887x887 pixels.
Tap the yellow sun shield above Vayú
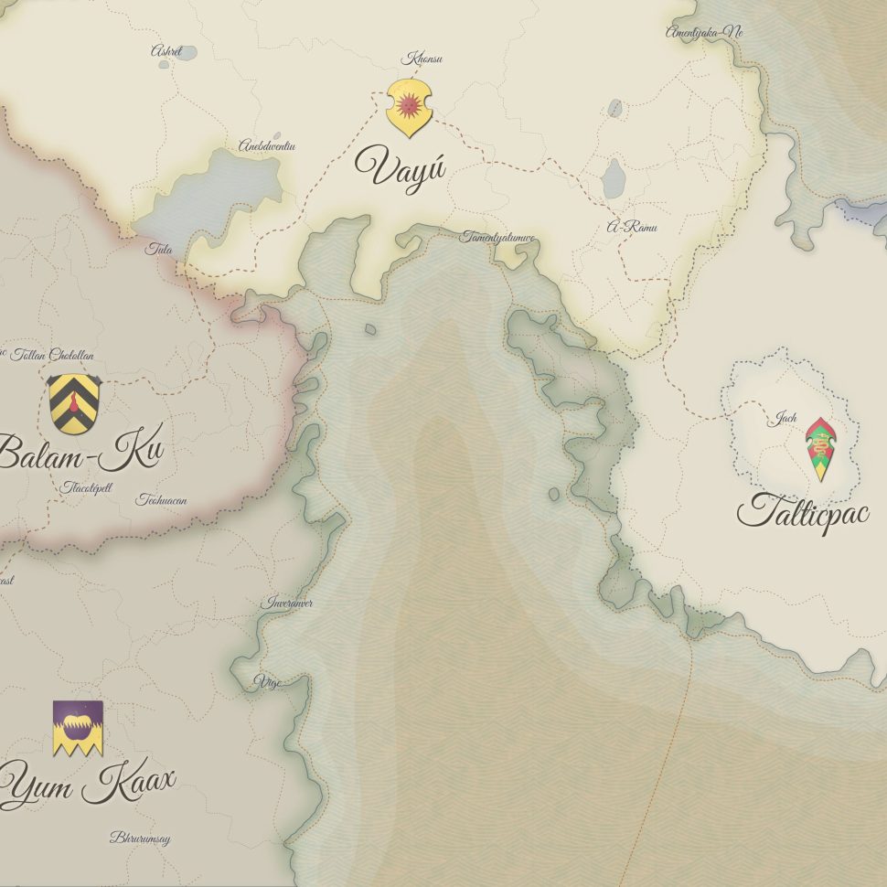[x=409, y=107]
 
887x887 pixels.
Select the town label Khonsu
[x=422, y=59]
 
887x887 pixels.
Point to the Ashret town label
[x=166, y=51]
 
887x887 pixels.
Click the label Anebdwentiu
[x=267, y=145]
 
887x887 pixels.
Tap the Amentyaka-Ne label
[x=704, y=32]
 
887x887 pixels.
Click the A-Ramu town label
[x=632, y=227]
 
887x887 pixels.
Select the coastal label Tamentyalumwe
[x=498, y=237]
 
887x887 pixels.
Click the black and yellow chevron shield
[x=74, y=403]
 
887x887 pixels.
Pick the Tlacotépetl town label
[x=88, y=487]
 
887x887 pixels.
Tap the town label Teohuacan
[x=161, y=500]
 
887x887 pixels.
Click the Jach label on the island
[x=783, y=419]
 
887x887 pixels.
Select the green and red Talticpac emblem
[x=821, y=449]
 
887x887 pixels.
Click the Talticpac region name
[x=804, y=513]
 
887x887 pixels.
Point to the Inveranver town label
[x=287, y=604]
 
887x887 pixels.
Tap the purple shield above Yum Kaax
[x=78, y=728]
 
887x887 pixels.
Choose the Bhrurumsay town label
[x=140, y=838]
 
